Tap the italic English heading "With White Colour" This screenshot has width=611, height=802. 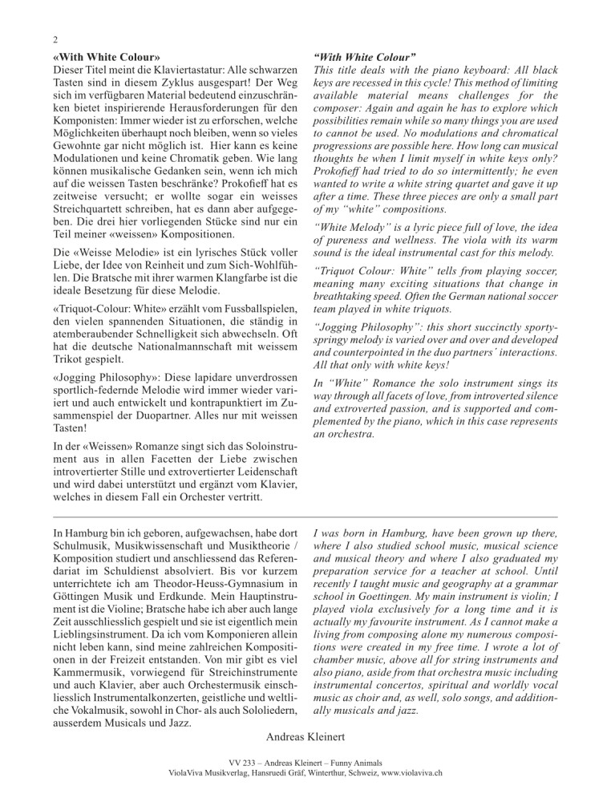pyautogui.click(x=365, y=59)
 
